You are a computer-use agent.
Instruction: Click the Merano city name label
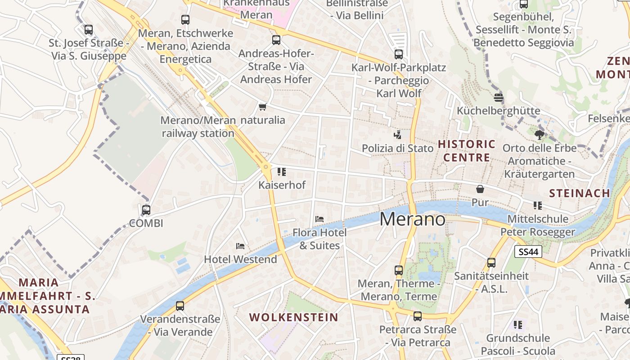click(413, 219)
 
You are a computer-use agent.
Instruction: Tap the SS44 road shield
click(528, 252)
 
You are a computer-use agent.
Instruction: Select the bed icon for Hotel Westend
click(240, 246)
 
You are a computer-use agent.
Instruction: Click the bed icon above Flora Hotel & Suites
click(319, 219)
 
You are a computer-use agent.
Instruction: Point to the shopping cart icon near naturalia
click(262, 107)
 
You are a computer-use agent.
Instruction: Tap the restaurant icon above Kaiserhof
click(282, 171)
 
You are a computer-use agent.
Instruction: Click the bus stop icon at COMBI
click(146, 210)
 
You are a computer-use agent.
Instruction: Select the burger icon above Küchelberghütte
click(498, 97)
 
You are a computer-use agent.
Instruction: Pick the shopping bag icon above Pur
click(480, 189)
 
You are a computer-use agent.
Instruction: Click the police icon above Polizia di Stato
click(398, 135)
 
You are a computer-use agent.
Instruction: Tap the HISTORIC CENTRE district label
click(467, 151)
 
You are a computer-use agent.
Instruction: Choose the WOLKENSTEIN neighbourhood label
click(293, 317)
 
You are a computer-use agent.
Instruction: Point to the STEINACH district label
click(580, 193)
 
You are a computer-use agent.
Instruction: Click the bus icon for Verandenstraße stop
click(180, 306)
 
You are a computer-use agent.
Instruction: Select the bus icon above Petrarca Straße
click(418, 316)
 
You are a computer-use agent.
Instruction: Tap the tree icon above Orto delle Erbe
click(539, 135)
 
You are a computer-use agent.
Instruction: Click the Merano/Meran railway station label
click(198, 127)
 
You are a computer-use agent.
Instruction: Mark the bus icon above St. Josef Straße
click(89, 30)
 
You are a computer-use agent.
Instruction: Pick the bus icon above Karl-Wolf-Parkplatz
click(398, 54)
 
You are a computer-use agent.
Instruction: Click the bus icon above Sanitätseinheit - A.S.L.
click(491, 262)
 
